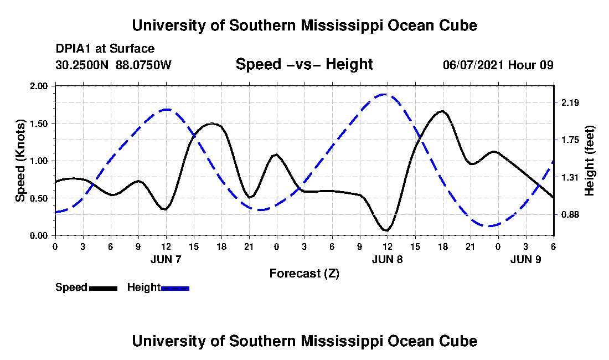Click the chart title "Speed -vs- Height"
point(304,64)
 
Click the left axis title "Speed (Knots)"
point(20,161)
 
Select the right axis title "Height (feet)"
point(589,161)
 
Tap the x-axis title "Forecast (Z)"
point(304,273)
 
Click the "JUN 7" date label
point(166,259)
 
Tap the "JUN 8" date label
point(387,259)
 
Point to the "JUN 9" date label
point(525,259)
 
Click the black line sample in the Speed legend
point(103,288)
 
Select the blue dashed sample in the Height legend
point(175,288)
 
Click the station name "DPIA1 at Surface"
point(105,49)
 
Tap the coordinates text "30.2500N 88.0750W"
point(113,65)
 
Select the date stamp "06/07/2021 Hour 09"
point(498,65)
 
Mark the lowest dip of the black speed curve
point(386,230)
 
